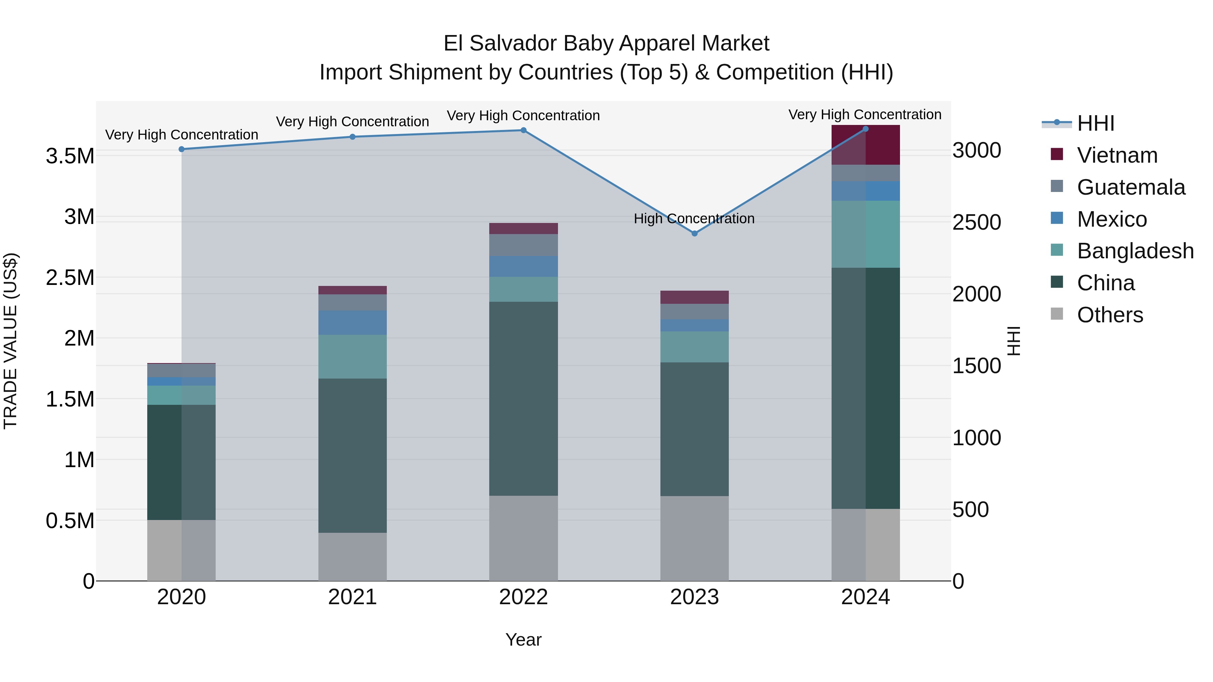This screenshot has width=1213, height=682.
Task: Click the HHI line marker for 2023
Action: click(x=694, y=233)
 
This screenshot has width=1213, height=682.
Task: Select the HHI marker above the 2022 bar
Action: click(x=523, y=130)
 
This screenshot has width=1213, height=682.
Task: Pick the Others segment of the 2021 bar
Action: click(x=352, y=556)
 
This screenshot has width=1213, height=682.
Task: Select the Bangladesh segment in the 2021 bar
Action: click(x=352, y=356)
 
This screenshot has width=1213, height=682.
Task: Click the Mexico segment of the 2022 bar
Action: click(x=523, y=266)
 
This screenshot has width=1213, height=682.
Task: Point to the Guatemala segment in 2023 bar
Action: click(x=694, y=311)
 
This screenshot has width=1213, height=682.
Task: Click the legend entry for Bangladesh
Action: click(x=1135, y=251)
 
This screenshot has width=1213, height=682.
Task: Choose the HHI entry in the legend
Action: click(x=1095, y=123)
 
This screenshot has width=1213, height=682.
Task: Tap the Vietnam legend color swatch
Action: click(x=1057, y=154)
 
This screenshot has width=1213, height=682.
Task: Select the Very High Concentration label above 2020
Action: click(x=182, y=135)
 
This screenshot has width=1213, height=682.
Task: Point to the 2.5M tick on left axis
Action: click(x=70, y=278)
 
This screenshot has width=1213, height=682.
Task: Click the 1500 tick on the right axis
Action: click(x=976, y=366)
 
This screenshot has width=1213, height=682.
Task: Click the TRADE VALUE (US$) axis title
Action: click(x=10, y=341)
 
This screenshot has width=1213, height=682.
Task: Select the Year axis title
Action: click(x=523, y=640)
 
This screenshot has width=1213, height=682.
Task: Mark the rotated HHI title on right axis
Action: click(x=1013, y=341)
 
